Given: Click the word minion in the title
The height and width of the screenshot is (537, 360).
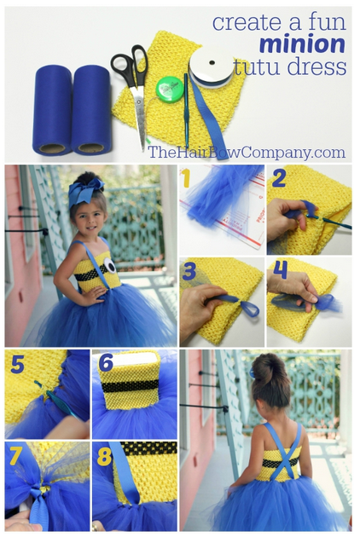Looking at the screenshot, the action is [302, 44].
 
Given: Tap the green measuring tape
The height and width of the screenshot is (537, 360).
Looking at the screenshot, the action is [169, 88].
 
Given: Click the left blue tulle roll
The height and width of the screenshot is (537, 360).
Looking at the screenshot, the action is [52, 110].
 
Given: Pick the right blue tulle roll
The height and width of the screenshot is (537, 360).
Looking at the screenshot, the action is [91, 110].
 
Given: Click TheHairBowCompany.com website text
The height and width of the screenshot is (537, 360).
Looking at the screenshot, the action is [247, 153].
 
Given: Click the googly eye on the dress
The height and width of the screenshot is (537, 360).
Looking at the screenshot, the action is [110, 265].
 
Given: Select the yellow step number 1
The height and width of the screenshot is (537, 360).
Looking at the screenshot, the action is [185, 178].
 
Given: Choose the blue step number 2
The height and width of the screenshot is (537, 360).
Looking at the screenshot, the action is [279, 178].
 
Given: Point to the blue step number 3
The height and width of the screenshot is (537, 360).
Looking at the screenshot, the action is [189, 271].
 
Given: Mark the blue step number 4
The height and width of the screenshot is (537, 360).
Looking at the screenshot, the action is [280, 269].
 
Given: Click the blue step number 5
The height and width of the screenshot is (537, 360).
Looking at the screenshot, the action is [17, 364].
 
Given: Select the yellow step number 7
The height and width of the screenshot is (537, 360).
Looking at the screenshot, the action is [16, 456].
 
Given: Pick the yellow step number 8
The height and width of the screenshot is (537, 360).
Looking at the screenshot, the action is [105, 457].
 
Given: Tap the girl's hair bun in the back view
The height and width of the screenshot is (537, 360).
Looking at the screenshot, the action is [267, 370].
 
